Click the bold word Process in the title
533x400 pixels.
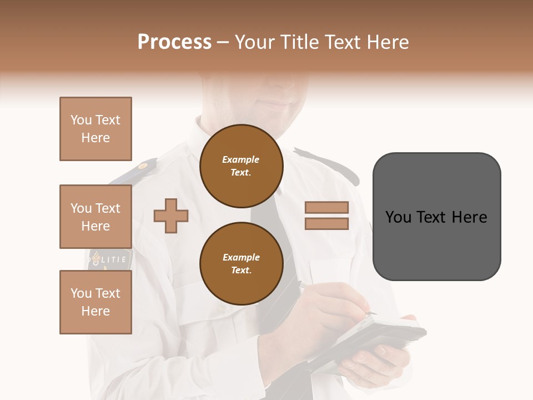(174, 42)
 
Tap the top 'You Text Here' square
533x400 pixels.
(95, 129)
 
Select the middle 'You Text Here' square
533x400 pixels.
(95, 217)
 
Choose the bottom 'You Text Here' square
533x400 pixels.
(95, 302)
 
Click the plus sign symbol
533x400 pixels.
(171, 215)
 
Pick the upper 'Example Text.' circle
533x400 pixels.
(241, 166)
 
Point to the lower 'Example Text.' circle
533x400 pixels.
(241, 264)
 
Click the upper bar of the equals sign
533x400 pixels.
(326, 207)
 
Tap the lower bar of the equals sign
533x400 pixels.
(326, 223)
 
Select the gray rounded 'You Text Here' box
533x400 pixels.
(436, 217)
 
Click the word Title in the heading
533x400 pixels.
(299, 42)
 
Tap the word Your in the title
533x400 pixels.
(255, 42)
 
